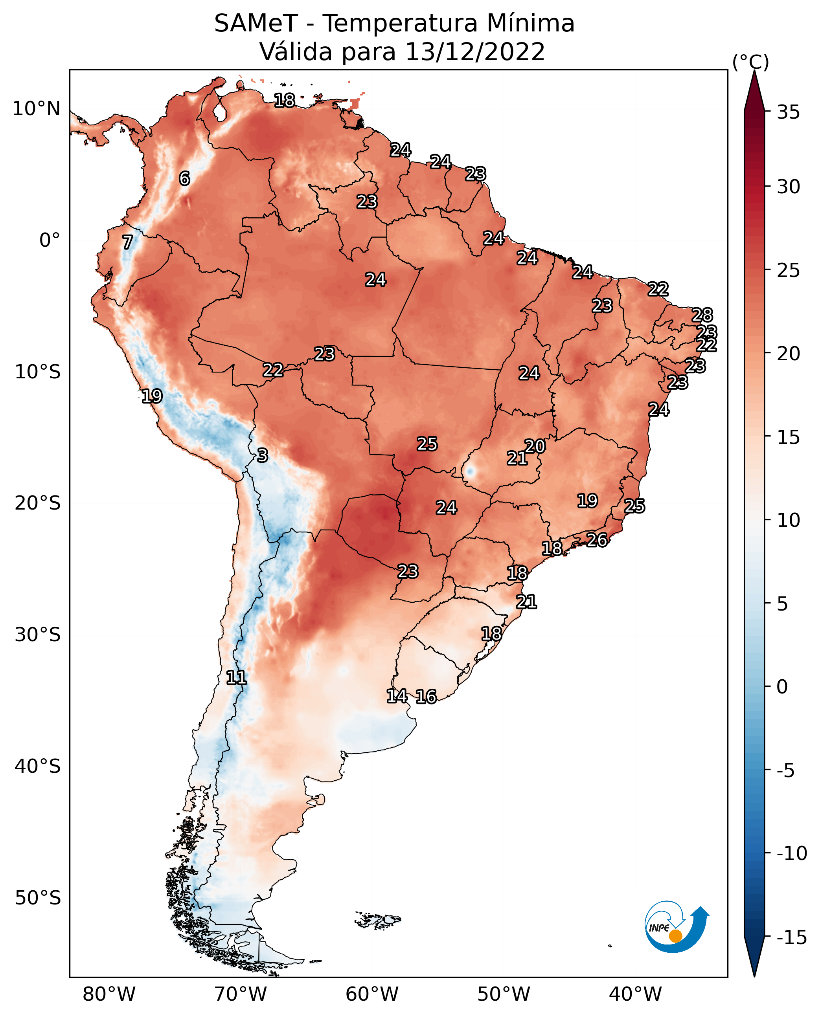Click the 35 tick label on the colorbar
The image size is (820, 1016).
pos(788,112)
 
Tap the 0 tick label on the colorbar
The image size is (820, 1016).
pos(782,687)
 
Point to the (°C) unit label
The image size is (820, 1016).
pos(750,62)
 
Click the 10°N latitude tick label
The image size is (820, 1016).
pos(37,109)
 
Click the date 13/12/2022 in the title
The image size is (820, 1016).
pos(475,52)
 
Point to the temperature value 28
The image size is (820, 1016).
pos(702,315)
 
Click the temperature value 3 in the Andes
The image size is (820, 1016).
pos(263,455)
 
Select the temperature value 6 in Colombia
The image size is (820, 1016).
pos(184,178)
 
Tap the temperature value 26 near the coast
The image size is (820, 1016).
pos(597,540)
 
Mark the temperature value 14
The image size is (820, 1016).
pos(397,696)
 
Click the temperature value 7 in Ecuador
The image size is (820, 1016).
pos(127,242)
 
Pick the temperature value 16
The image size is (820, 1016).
pos(426,697)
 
